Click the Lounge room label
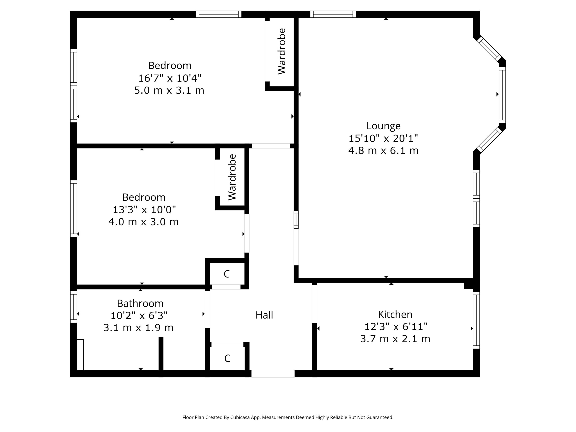383,126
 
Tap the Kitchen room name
395,315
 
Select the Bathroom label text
140,303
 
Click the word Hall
264,315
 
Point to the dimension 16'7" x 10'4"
170,78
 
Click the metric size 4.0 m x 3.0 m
144,222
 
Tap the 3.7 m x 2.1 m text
395,339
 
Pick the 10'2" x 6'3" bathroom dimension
139,316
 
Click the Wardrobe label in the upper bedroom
282,51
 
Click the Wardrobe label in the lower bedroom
232,177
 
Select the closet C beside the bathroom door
227,274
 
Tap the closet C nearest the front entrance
227,358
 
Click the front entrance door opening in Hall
273,374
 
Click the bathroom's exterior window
74,307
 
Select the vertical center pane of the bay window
502,95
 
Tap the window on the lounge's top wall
333,14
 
